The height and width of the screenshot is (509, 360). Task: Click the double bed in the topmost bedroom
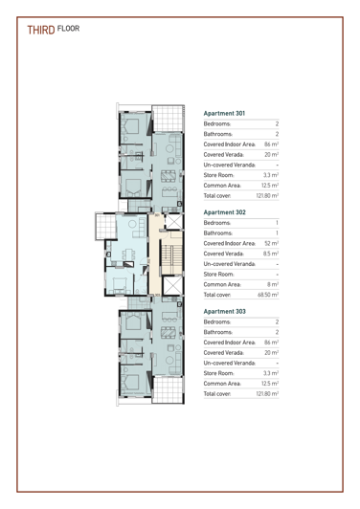(135, 125)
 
